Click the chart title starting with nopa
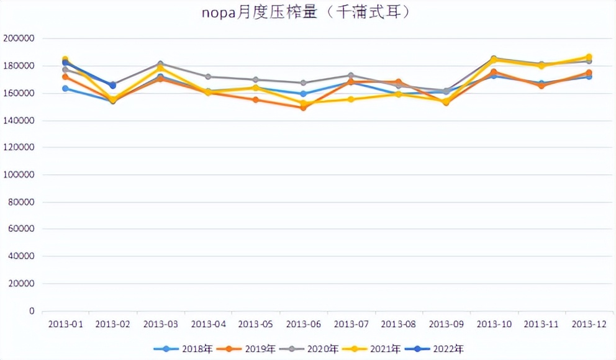[x=306, y=12]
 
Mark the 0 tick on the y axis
[x=31, y=311]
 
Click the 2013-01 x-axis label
[x=65, y=324]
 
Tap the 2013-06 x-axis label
[x=303, y=324]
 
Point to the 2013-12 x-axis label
[x=588, y=324]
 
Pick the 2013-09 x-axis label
[x=446, y=324]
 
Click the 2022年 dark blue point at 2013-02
[x=113, y=86]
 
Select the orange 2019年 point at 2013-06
[x=303, y=107]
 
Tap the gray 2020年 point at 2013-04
[x=208, y=77]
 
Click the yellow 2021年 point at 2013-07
[x=351, y=99]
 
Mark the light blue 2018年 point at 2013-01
[x=65, y=88]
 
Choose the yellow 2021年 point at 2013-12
[x=589, y=57]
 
